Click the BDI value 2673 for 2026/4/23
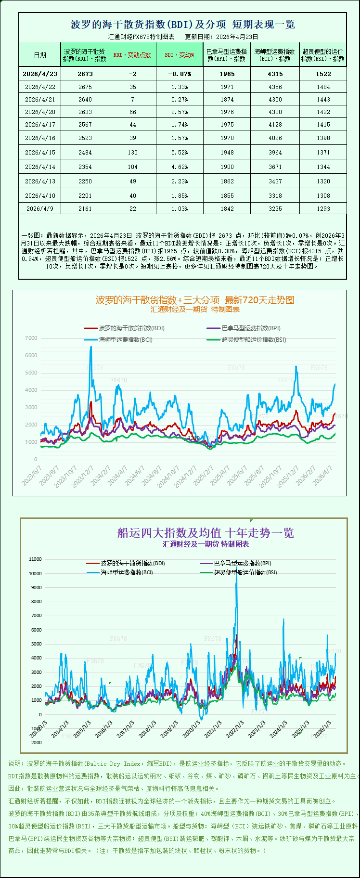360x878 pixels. click(85, 74)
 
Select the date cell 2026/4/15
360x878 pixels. click(40, 152)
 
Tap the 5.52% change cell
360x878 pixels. click(180, 152)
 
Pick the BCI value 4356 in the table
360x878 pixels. click(275, 87)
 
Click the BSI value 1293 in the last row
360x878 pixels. click(323, 208)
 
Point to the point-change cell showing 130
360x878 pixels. click(132, 152)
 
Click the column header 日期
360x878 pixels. click(40, 55)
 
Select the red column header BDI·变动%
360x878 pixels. click(180, 55)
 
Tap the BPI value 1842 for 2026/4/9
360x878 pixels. click(227, 208)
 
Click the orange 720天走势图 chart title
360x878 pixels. click(195, 300)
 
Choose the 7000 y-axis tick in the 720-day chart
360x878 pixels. click(31, 338)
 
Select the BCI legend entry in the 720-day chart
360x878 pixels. click(126, 339)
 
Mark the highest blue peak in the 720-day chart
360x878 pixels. click(91, 347)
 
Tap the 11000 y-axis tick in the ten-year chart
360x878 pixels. click(36, 559)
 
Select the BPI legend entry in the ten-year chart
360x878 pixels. click(242, 563)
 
